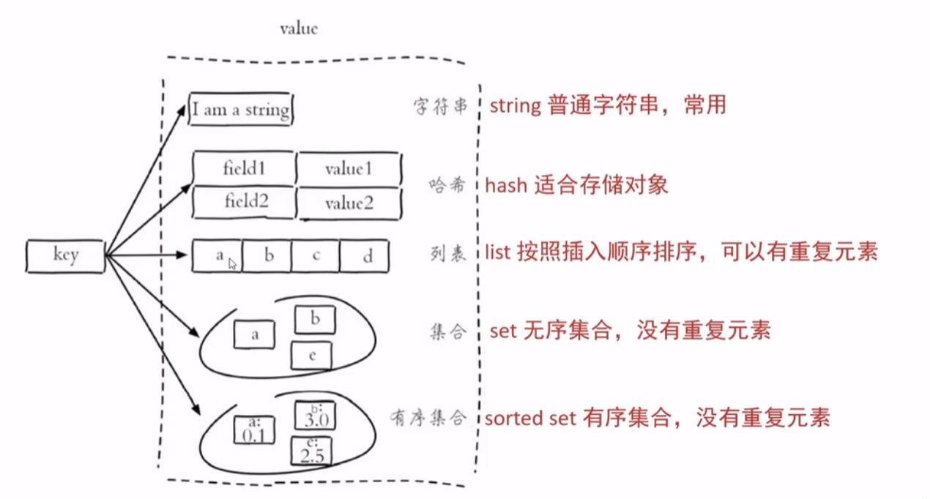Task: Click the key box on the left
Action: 64,255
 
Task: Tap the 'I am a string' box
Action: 241,110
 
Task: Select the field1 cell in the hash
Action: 244,168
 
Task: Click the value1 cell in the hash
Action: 349,168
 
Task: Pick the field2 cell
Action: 244,202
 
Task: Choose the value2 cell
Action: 349,203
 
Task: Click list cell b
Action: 268,256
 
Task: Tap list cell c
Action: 316,256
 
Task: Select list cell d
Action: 365,256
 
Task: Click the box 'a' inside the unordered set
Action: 254,334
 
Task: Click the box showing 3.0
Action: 313,415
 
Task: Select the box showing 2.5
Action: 312,451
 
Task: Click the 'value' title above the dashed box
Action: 300,29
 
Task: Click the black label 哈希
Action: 447,184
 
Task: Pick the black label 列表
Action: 447,254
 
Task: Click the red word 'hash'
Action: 506,184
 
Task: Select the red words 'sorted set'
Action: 531,419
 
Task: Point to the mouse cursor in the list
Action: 233,263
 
